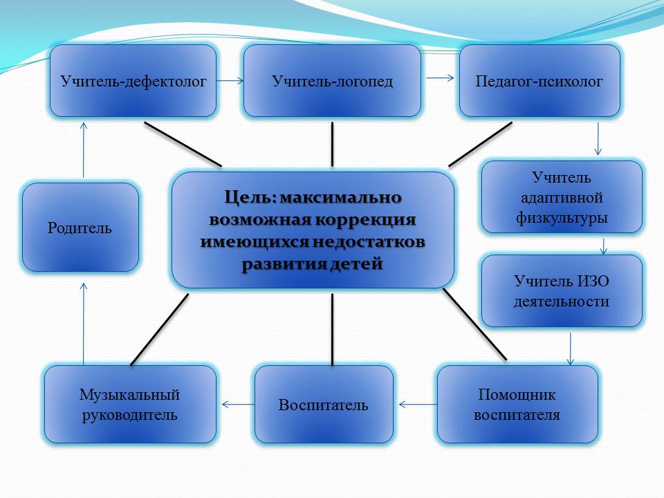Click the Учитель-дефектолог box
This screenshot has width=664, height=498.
click(x=133, y=81)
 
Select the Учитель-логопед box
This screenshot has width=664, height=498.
click(x=332, y=81)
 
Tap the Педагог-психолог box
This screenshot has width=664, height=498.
click(x=539, y=81)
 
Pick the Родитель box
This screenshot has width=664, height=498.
click(x=80, y=228)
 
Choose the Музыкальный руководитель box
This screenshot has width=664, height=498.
click(x=130, y=405)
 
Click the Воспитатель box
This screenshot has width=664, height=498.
click(x=324, y=405)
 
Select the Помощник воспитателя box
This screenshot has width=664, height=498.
click(x=517, y=405)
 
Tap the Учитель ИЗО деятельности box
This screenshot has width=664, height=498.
click(x=562, y=291)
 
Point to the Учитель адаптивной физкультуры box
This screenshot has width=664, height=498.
click(x=562, y=197)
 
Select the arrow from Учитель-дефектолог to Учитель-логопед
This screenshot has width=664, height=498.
click(x=230, y=81)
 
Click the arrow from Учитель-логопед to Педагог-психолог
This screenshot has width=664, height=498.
click(x=440, y=78)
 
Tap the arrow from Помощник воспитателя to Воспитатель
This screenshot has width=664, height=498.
click(x=418, y=405)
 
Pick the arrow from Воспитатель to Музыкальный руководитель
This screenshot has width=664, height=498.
click(x=239, y=405)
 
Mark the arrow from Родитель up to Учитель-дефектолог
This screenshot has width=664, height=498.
click(x=84, y=150)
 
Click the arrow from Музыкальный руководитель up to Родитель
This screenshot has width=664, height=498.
click(x=84, y=324)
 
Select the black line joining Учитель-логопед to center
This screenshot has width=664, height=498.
click(x=333, y=145)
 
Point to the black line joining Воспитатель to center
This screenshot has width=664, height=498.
click(x=333, y=329)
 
